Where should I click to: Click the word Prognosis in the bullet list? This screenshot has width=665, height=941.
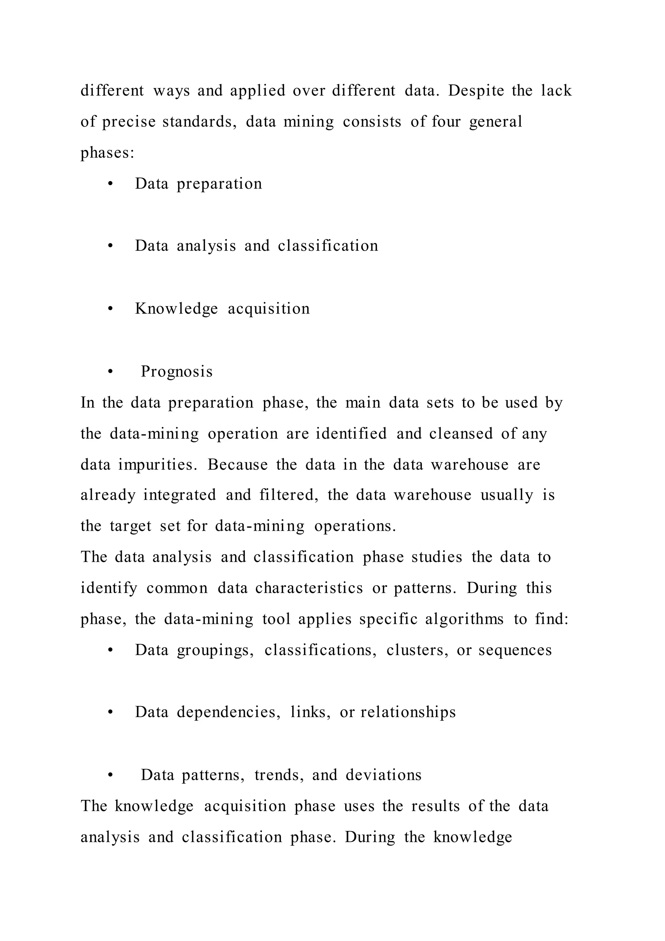tap(177, 372)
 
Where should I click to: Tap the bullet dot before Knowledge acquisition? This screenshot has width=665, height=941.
tap(110, 309)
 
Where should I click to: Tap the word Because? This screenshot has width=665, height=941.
tap(237, 465)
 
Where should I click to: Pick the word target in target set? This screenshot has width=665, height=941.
tap(131, 526)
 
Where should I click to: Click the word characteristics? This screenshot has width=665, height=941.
tap(309, 588)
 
